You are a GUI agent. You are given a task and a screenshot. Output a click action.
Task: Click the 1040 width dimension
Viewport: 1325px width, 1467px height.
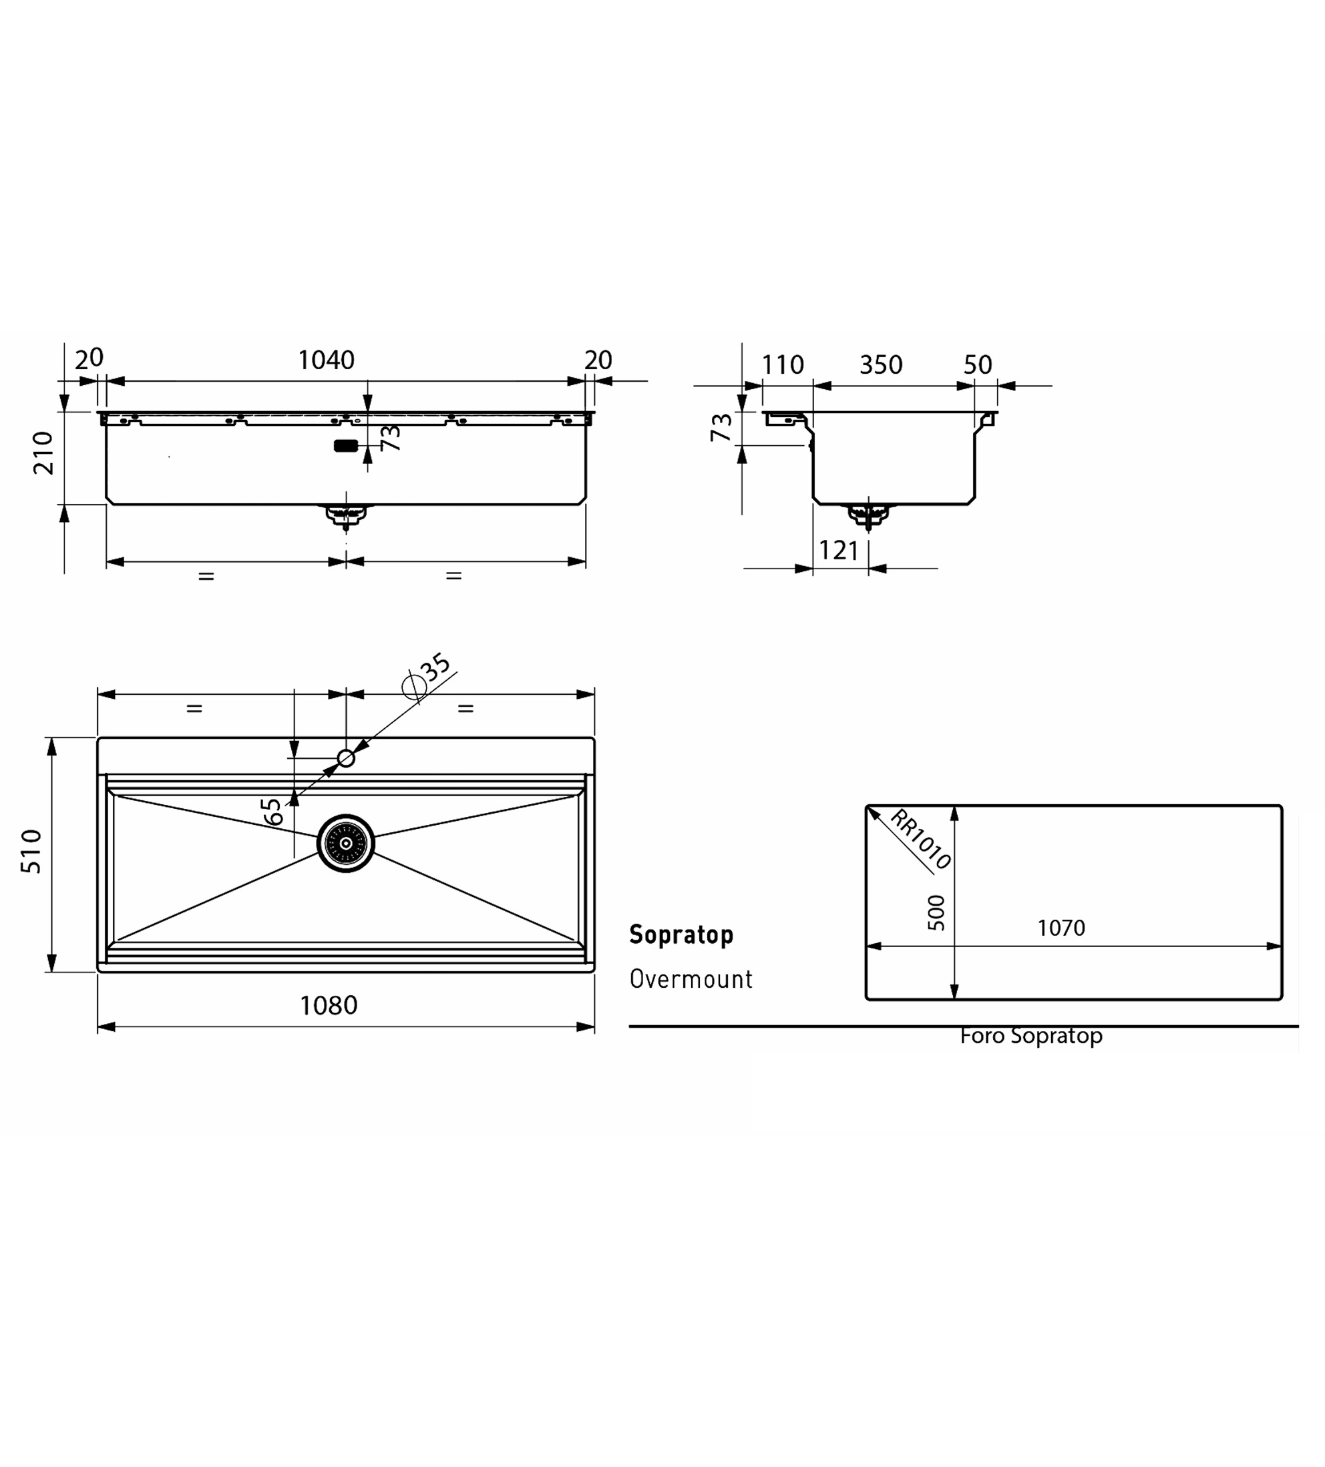(x=326, y=360)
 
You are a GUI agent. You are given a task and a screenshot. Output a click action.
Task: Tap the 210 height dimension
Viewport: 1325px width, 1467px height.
(x=43, y=453)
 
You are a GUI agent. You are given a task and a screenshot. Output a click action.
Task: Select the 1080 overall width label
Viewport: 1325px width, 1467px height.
(x=329, y=1006)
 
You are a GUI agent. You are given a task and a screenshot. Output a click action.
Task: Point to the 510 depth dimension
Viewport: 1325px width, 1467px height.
(x=31, y=852)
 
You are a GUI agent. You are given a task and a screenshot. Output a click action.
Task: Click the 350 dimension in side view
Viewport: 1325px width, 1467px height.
(x=881, y=364)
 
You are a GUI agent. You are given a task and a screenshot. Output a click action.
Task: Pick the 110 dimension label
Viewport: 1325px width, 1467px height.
(x=783, y=364)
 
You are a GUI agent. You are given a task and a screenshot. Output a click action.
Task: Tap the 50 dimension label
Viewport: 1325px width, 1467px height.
(x=978, y=364)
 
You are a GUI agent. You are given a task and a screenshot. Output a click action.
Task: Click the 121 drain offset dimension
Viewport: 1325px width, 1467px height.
(x=839, y=551)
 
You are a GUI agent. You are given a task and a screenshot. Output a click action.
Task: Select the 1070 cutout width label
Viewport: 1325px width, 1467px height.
(x=1061, y=928)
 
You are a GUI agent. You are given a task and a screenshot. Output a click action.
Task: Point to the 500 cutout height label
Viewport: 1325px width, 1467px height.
(x=936, y=912)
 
